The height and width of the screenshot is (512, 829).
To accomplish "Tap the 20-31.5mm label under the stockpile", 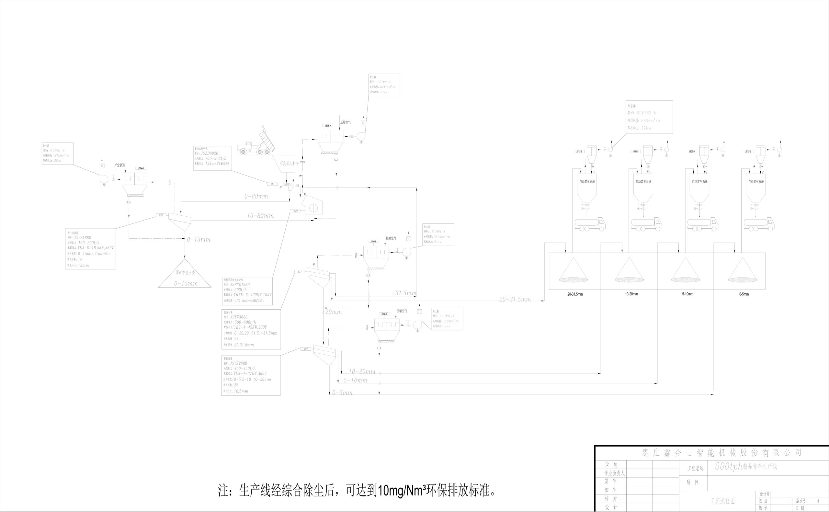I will (575, 294).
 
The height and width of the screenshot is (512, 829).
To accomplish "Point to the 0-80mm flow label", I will (256, 196).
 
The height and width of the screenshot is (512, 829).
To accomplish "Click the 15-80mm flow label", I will (260, 216).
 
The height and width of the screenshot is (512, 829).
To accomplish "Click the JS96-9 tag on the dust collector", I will (328, 126).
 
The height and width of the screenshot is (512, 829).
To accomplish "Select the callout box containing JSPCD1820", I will (247, 291).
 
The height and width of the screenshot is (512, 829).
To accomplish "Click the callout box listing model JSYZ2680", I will (251, 375).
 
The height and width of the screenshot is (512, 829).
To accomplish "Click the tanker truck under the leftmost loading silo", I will (590, 224).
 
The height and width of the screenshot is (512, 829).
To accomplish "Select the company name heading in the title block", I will (722, 453).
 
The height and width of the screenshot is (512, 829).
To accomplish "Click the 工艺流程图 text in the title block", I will (722, 501).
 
